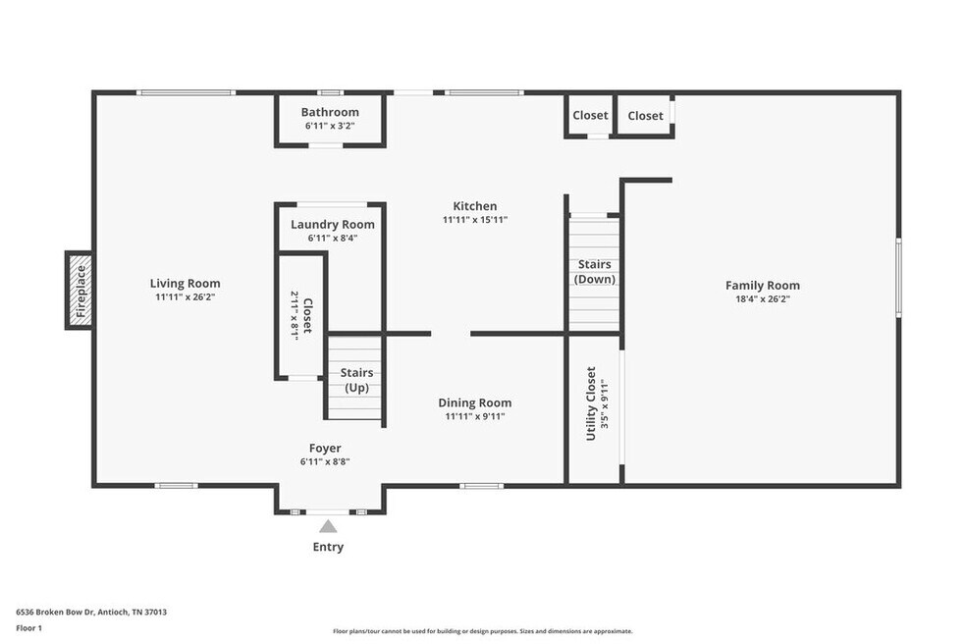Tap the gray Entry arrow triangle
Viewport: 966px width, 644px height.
pos(328,525)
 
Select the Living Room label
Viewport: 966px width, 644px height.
pos(185,284)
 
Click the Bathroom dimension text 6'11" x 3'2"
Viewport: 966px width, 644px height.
pos(330,126)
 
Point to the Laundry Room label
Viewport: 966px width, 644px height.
pos(333,225)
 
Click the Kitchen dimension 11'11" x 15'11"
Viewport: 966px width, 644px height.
pos(475,219)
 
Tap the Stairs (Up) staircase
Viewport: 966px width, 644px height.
pos(354,378)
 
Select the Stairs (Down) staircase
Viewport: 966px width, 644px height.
pos(594,273)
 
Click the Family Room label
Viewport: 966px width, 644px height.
pos(763,286)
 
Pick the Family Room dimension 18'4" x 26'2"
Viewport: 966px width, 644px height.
pos(763,299)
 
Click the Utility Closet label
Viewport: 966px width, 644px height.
pos(591,403)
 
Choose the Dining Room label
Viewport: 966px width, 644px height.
pos(475,403)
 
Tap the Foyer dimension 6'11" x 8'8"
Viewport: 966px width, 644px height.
pos(325,461)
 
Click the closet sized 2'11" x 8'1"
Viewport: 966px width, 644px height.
pos(301,315)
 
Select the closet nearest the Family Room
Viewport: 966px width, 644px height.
pos(645,115)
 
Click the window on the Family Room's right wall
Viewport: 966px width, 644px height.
pos(899,278)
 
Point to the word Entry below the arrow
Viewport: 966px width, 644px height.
pos(328,547)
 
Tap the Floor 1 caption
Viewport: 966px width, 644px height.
pos(28,628)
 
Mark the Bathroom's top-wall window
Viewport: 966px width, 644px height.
pos(330,93)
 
